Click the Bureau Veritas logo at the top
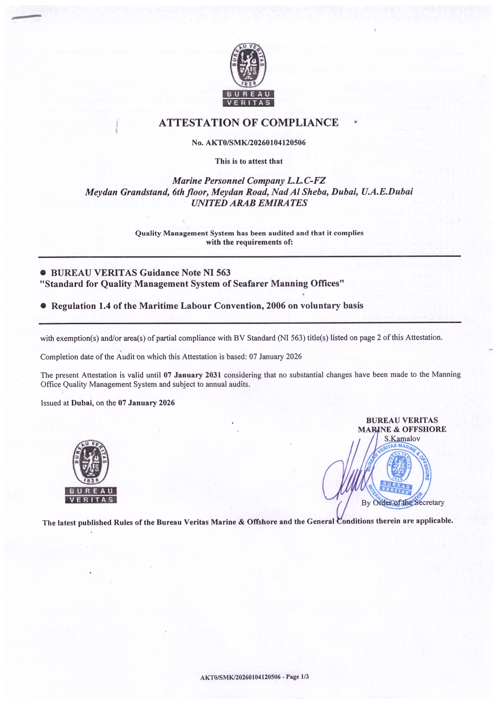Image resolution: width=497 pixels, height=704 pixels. click(248, 75)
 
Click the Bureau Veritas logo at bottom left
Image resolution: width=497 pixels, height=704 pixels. click(91, 471)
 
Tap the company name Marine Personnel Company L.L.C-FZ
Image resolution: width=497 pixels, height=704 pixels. click(248, 181)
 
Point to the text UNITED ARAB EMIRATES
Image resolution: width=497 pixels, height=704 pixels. click(249, 203)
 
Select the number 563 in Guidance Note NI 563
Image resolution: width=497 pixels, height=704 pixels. click(223, 273)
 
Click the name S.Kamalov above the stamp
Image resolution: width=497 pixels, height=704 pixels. click(402, 438)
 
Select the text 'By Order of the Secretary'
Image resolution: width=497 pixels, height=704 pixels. click(403, 503)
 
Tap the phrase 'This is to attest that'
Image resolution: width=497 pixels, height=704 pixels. click(248, 161)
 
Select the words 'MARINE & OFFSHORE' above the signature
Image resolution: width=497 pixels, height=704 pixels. click(402, 429)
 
